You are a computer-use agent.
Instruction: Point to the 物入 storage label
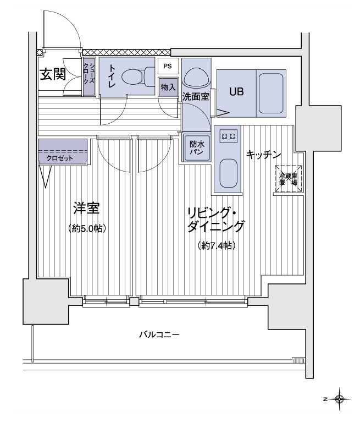[x=168, y=86]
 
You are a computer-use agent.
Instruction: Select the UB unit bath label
[x=236, y=92]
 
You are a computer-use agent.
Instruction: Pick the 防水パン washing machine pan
[x=197, y=147]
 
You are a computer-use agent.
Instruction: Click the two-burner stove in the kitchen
[x=228, y=135]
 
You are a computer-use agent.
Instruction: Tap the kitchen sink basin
[x=228, y=173]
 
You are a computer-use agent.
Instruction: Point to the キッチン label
[x=264, y=155]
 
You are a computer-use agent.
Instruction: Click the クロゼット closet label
[x=59, y=157]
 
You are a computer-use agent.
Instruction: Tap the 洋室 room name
[x=87, y=209]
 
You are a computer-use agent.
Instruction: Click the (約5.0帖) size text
[x=87, y=228]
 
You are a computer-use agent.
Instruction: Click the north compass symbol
[x=340, y=398]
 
